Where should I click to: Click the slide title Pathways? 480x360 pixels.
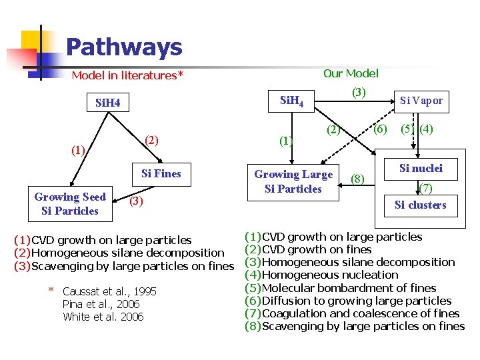124,47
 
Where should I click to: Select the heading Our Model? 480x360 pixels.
351,73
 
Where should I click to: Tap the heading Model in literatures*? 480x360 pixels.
127,75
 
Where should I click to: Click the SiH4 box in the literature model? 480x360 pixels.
108,103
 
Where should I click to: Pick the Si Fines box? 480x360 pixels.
161,174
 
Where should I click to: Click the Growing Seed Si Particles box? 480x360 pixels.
69,204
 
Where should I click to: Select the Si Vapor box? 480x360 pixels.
421,101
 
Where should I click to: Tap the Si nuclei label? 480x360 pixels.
421,169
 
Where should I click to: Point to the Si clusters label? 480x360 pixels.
420,205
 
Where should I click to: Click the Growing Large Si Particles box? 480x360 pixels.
293,181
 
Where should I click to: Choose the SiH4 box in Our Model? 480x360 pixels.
292,101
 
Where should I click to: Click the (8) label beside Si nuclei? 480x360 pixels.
358,178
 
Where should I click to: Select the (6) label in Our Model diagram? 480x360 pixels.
380,129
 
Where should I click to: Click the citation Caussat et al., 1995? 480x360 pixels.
109,291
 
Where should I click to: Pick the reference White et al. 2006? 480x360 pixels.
103,317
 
